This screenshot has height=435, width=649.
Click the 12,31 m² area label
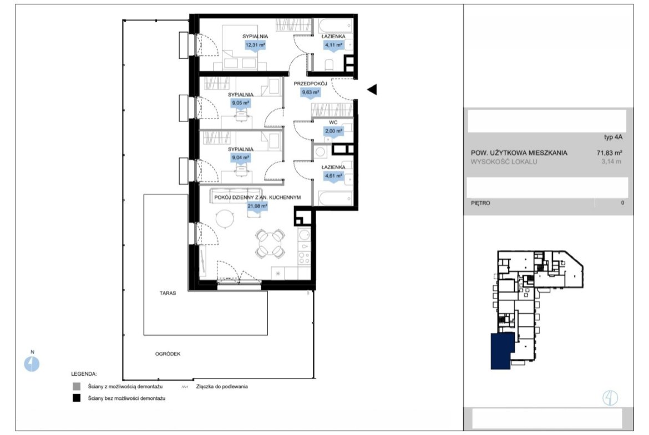tap(255, 45)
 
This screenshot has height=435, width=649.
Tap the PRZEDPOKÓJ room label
tap(311, 84)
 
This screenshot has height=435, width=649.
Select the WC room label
tap(333, 122)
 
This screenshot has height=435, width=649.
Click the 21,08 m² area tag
tap(257, 206)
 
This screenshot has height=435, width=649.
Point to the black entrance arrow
tap(372, 89)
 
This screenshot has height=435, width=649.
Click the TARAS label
tap(168, 293)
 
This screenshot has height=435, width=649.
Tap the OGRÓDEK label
tap(168, 354)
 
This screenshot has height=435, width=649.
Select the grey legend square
tap(77, 387)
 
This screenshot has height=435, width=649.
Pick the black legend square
tap(77, 398)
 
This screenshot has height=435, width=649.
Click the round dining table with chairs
tap(270, 244)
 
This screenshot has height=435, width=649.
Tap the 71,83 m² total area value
tap(609, 152)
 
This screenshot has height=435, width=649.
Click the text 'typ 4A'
tap(613, 137)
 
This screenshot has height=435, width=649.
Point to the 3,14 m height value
tap(611, 162)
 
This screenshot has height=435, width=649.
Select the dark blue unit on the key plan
tap(503, 351)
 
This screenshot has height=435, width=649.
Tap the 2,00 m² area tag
tap(333, 131)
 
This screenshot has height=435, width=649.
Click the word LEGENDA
tap(84, 374)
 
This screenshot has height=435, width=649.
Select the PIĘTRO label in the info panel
tap(480, 203)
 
